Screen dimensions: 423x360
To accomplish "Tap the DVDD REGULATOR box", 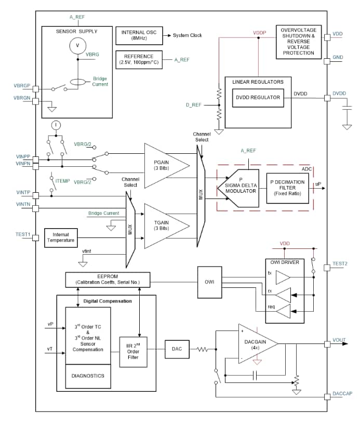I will click(x=258, y=97).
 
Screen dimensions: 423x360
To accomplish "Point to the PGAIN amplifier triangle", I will click(x=164, y=166).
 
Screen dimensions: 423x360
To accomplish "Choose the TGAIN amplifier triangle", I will click(x=164, y=226).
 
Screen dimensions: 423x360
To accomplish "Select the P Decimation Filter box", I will click(x=288, y=188).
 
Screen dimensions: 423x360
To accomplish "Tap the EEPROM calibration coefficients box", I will click(x=108, y=280).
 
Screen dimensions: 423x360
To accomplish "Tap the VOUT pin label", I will click(x=339, y=340).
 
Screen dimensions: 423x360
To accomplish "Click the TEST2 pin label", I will click(x=339, y=264).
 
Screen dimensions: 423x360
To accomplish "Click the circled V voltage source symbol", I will click(x=77, y=46).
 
